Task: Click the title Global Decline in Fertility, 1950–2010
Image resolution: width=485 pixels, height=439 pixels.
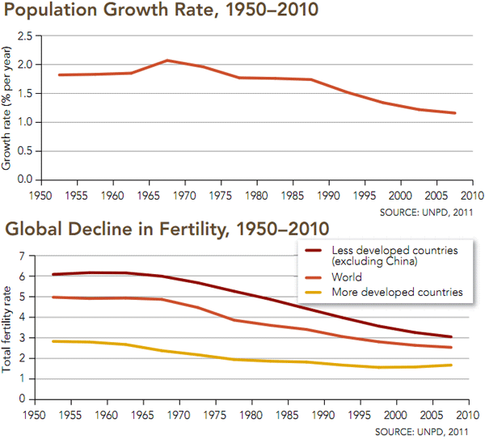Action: coord(167,228)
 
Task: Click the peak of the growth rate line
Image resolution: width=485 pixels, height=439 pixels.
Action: coord(167,60)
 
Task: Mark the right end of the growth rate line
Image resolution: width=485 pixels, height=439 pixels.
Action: coord(455,113)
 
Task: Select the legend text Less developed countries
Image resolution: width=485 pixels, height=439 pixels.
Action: coord(388,250)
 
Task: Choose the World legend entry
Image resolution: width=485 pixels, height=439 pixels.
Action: coord(348,277)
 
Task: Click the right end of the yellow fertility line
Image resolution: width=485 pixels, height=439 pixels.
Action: coord(452,365)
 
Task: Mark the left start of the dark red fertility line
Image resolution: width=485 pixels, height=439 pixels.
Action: coord(53,274)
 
